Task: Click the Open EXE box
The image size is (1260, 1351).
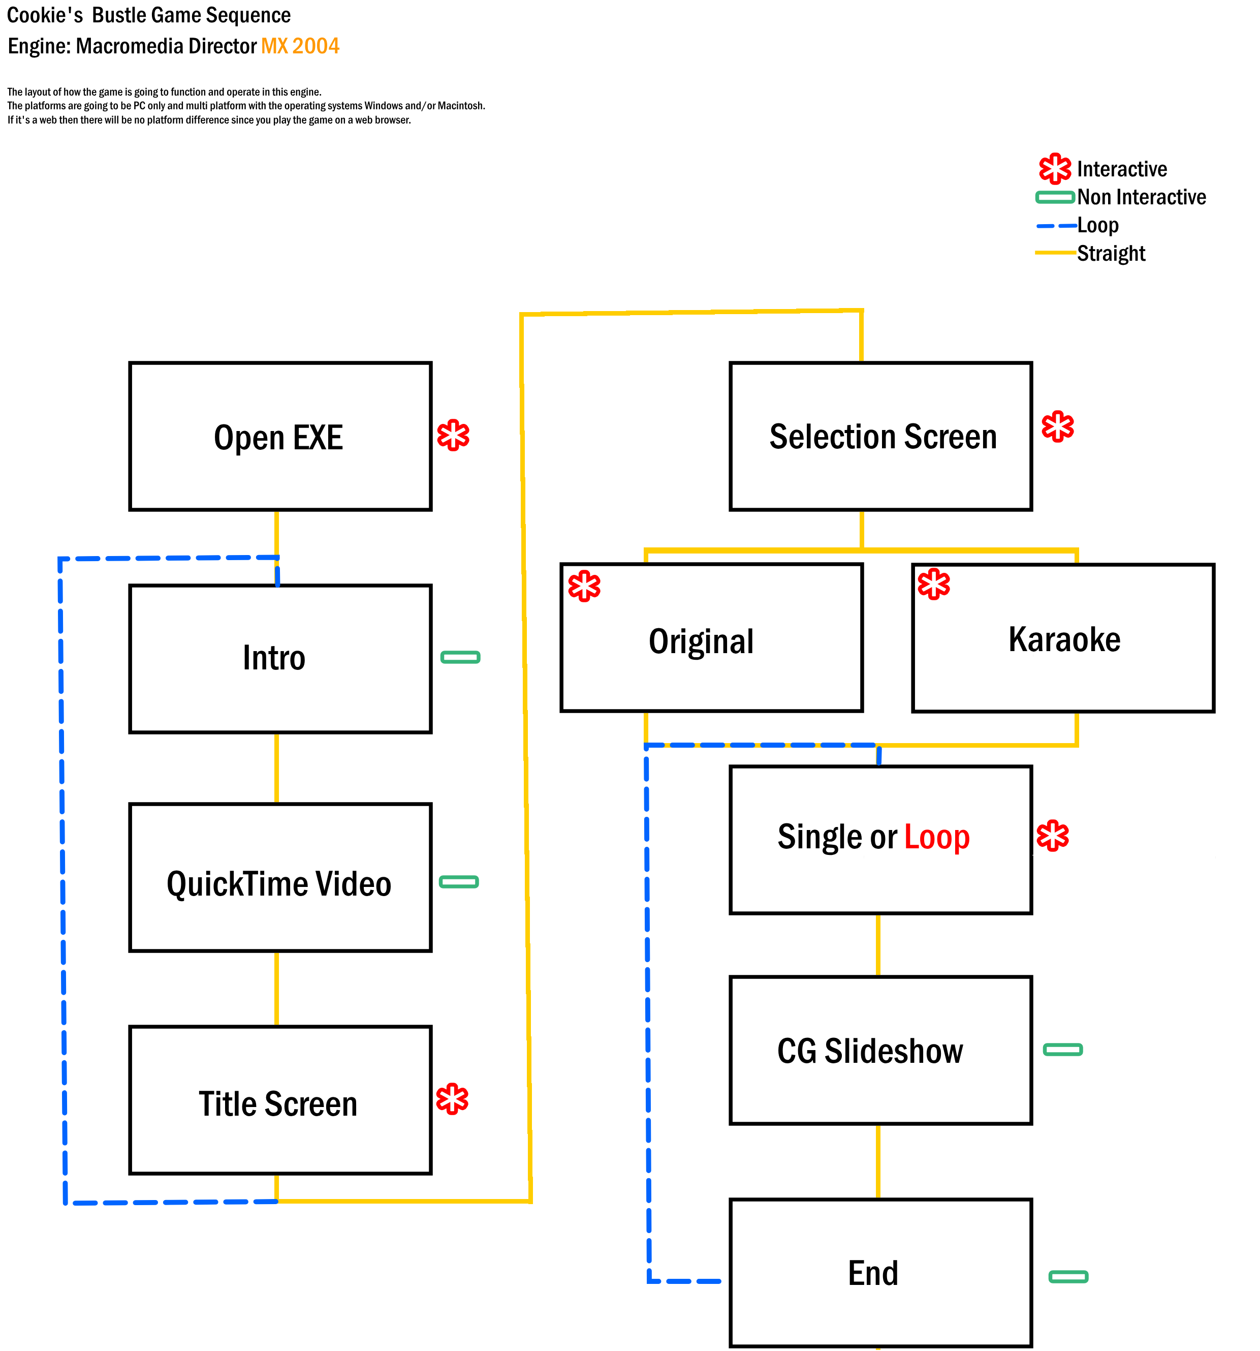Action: click(x=280, y=436)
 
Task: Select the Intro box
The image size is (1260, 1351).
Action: click(x=280, y=659)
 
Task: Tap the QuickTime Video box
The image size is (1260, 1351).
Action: click(x=280, y=877)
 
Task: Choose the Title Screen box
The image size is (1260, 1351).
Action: click(x=280, y=1099)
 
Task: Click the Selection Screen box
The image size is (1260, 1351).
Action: click(x=880, y=436)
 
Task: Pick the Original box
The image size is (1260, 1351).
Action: click(x=711, y=637)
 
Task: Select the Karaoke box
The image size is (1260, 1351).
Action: click(x=1062, y=637)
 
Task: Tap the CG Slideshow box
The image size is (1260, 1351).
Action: click(x=880, y=1050)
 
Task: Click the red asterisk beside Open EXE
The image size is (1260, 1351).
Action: click(x=453, y=436)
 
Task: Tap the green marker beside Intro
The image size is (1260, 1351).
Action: click(x=460, y=657)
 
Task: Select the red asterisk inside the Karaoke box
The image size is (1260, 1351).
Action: click(x=933, y=584)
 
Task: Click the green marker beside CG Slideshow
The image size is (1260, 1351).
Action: click(x=1062, y=1050)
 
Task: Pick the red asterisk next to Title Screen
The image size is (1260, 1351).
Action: click(x=452, y=1099)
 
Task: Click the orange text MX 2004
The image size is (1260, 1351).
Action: click(x=300, y=46)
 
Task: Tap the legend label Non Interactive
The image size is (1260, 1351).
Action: click(x=1141, y=197)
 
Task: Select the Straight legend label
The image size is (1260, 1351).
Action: click(x=1111, y=254)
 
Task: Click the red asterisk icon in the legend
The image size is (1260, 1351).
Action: click(x=1055, y=169)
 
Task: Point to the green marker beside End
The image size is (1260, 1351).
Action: click(x=1068, y=1277)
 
